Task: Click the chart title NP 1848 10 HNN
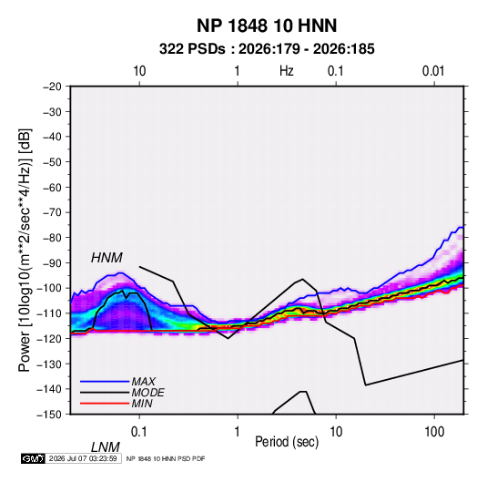[x=267, y=26]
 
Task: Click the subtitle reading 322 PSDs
[x=192, y=49]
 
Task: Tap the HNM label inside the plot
[x=107, y=258]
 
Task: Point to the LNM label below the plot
[x=106, y=447]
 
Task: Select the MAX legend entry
[x=143, y=381]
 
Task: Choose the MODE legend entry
[x=147, y=393]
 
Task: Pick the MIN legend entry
[x=142, y=404]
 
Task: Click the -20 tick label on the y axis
[x=52, y=87]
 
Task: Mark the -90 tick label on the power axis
[x=52, y=263]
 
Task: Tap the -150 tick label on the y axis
[x=49, y=415]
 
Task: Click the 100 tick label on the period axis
[x=434, y=432]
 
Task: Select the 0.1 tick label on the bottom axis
[x=139, y=432]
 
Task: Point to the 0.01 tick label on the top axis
[x=433, y=71]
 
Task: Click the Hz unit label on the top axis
[x=287, y=71]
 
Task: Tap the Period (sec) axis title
[x=287, y=442]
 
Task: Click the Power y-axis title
[x=25, y=250]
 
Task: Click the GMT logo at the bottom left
[x=33, y=458]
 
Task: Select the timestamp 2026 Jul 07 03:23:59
[x=83, y=458]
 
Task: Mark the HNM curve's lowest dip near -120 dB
[x=228, y=338]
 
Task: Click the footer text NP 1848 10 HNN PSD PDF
[x=166, y=458]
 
